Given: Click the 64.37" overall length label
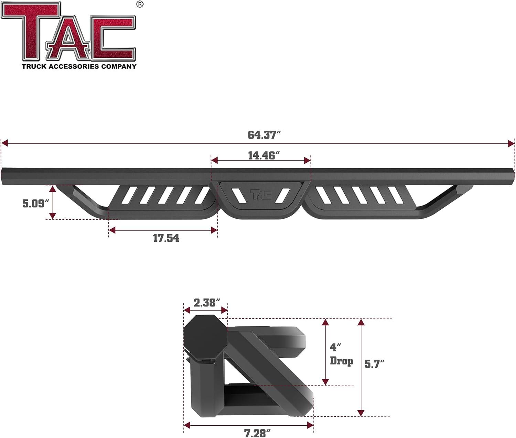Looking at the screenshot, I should [262, 135].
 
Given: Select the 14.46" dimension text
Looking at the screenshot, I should [262, 156].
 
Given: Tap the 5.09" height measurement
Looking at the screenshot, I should [33, 204].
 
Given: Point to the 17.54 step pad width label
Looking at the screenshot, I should [166, 238].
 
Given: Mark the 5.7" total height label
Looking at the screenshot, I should [374, 364].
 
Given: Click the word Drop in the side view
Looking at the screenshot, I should [341, 361].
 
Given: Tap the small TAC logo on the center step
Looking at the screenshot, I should [261, 195].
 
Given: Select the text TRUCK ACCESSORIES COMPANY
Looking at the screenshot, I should [79, 66].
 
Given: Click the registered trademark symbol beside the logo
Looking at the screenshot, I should [140, 4].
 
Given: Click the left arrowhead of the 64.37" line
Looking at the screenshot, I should [4, 143].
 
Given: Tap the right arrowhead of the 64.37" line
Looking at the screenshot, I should [512, 143].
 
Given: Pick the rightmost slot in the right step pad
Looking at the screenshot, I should [396, 195].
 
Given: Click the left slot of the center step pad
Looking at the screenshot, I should [238, 195].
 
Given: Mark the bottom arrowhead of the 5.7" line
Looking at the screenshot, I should [361, 413].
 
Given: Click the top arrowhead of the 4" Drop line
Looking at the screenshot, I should [325, 322].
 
